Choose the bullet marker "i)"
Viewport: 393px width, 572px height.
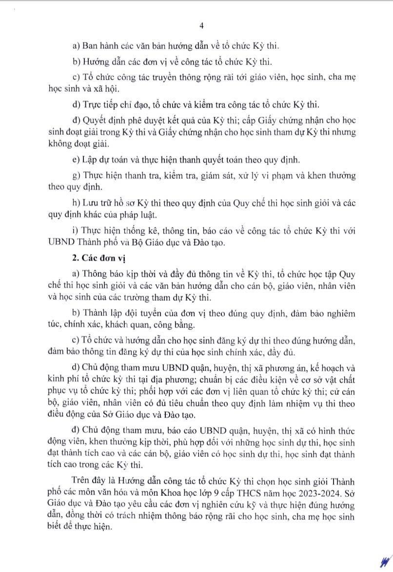[x=74, y=230]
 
